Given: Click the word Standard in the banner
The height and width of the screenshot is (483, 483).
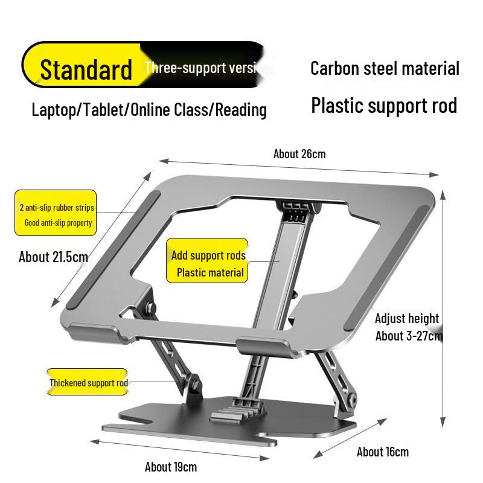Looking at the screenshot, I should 86,69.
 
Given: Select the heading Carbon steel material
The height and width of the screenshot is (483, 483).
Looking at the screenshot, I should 385,68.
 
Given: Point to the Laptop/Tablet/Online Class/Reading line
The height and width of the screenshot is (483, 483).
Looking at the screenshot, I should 149,110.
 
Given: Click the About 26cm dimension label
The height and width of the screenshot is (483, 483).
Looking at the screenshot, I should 299,153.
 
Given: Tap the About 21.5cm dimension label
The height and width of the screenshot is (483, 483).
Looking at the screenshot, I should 53,257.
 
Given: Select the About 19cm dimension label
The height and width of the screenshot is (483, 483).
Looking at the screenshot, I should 170,467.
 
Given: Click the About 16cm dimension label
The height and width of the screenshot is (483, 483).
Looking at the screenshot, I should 382,452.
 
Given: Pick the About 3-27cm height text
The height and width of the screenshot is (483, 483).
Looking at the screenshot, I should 409,336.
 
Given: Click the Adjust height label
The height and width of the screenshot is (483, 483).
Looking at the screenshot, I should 406,318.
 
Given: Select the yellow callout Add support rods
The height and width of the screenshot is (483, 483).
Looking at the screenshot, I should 208,261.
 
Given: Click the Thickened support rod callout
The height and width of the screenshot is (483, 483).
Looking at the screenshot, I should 88,382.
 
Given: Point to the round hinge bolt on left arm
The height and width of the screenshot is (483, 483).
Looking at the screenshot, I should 194,382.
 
